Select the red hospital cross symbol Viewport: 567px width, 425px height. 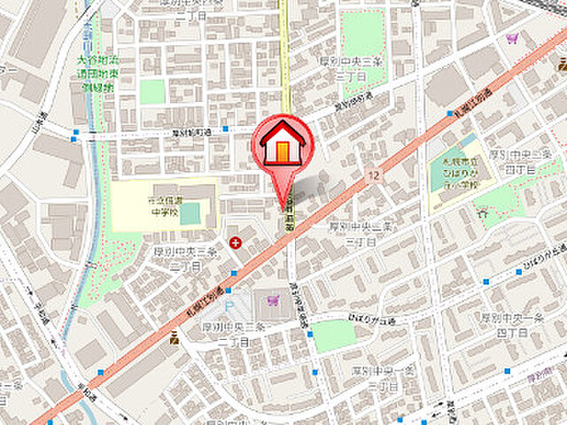(235, 242)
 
